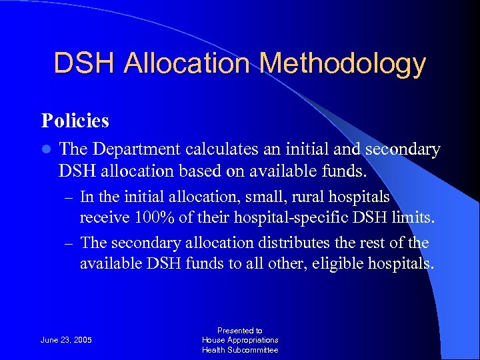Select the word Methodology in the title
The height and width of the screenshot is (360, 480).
[343, 63]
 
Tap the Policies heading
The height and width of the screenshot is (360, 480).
[75, 121]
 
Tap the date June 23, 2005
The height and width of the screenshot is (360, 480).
[67, 340]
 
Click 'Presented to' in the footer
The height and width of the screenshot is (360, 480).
[240, 330]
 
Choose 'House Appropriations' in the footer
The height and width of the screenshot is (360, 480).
[240, 340]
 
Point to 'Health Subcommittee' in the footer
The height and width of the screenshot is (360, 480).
[240, 350]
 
